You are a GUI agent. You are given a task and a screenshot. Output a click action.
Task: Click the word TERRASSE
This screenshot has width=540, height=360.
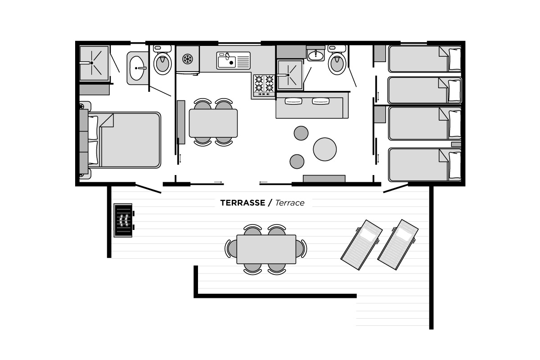243,203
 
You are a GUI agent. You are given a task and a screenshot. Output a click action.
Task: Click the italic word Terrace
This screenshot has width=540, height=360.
290,203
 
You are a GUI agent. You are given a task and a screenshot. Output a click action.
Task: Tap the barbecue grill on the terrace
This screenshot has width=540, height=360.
123,220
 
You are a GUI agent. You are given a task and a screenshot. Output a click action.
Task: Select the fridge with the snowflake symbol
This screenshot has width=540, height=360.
188,59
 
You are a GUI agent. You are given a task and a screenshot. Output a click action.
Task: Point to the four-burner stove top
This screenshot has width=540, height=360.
264,85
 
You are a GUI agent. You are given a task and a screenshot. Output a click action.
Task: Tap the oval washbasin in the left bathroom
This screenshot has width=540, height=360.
137,68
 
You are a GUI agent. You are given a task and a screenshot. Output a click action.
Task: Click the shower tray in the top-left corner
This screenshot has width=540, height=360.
94,63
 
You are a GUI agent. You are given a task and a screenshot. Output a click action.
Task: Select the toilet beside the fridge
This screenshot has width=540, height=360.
162,60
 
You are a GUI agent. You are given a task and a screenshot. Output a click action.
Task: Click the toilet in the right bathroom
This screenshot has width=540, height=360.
337,60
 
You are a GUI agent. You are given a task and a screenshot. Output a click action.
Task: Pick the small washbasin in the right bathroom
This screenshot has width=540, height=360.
316,55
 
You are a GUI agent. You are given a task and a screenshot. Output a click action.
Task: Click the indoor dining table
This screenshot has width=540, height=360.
213,123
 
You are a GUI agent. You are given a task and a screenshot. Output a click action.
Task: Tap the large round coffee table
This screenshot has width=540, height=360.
325,149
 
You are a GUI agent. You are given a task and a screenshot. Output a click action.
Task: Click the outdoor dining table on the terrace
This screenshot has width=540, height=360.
266,249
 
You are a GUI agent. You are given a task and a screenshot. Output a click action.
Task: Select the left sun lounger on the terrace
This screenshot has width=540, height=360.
361,245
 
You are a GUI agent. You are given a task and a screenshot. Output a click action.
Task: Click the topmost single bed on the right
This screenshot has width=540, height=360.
425,59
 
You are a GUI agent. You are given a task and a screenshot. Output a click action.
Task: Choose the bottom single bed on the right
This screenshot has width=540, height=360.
425,165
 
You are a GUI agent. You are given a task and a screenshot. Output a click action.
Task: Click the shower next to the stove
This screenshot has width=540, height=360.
290,75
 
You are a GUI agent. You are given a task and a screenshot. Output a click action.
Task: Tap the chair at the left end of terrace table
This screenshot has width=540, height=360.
230,248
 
